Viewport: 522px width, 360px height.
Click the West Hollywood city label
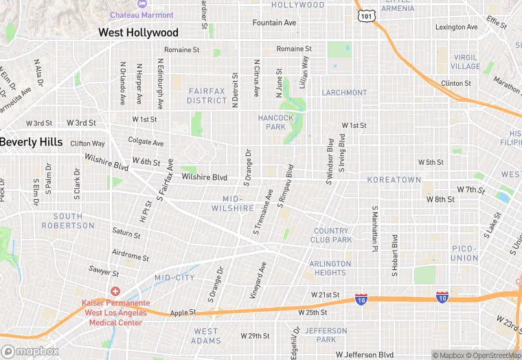(x=138, y=32)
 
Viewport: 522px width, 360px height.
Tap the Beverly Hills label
(x=32, y=142)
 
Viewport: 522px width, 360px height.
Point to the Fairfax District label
(x=207, y=95)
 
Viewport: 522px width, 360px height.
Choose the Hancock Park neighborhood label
(x=275, y=122)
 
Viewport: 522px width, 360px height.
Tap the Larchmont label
(x=344, y=93)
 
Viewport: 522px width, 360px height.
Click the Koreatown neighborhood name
(x=394, y=179)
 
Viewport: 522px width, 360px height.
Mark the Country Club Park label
(x=332, y=235)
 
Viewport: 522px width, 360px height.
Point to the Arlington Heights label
(x=330, y=268)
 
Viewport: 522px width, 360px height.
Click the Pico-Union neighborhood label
(x=465, y=253)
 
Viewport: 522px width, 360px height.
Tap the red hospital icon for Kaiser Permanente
(x=115, y=291)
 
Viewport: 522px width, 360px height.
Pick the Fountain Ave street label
(x=274, y=23)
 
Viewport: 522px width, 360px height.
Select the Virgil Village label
(x=466, y=62)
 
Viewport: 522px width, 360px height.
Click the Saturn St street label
(x=126, y=234)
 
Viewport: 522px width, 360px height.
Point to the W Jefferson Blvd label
(x=365, y=355)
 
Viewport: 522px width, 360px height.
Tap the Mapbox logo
(x=30, y=351)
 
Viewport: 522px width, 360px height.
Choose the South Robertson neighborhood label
(x=67, y=221)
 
